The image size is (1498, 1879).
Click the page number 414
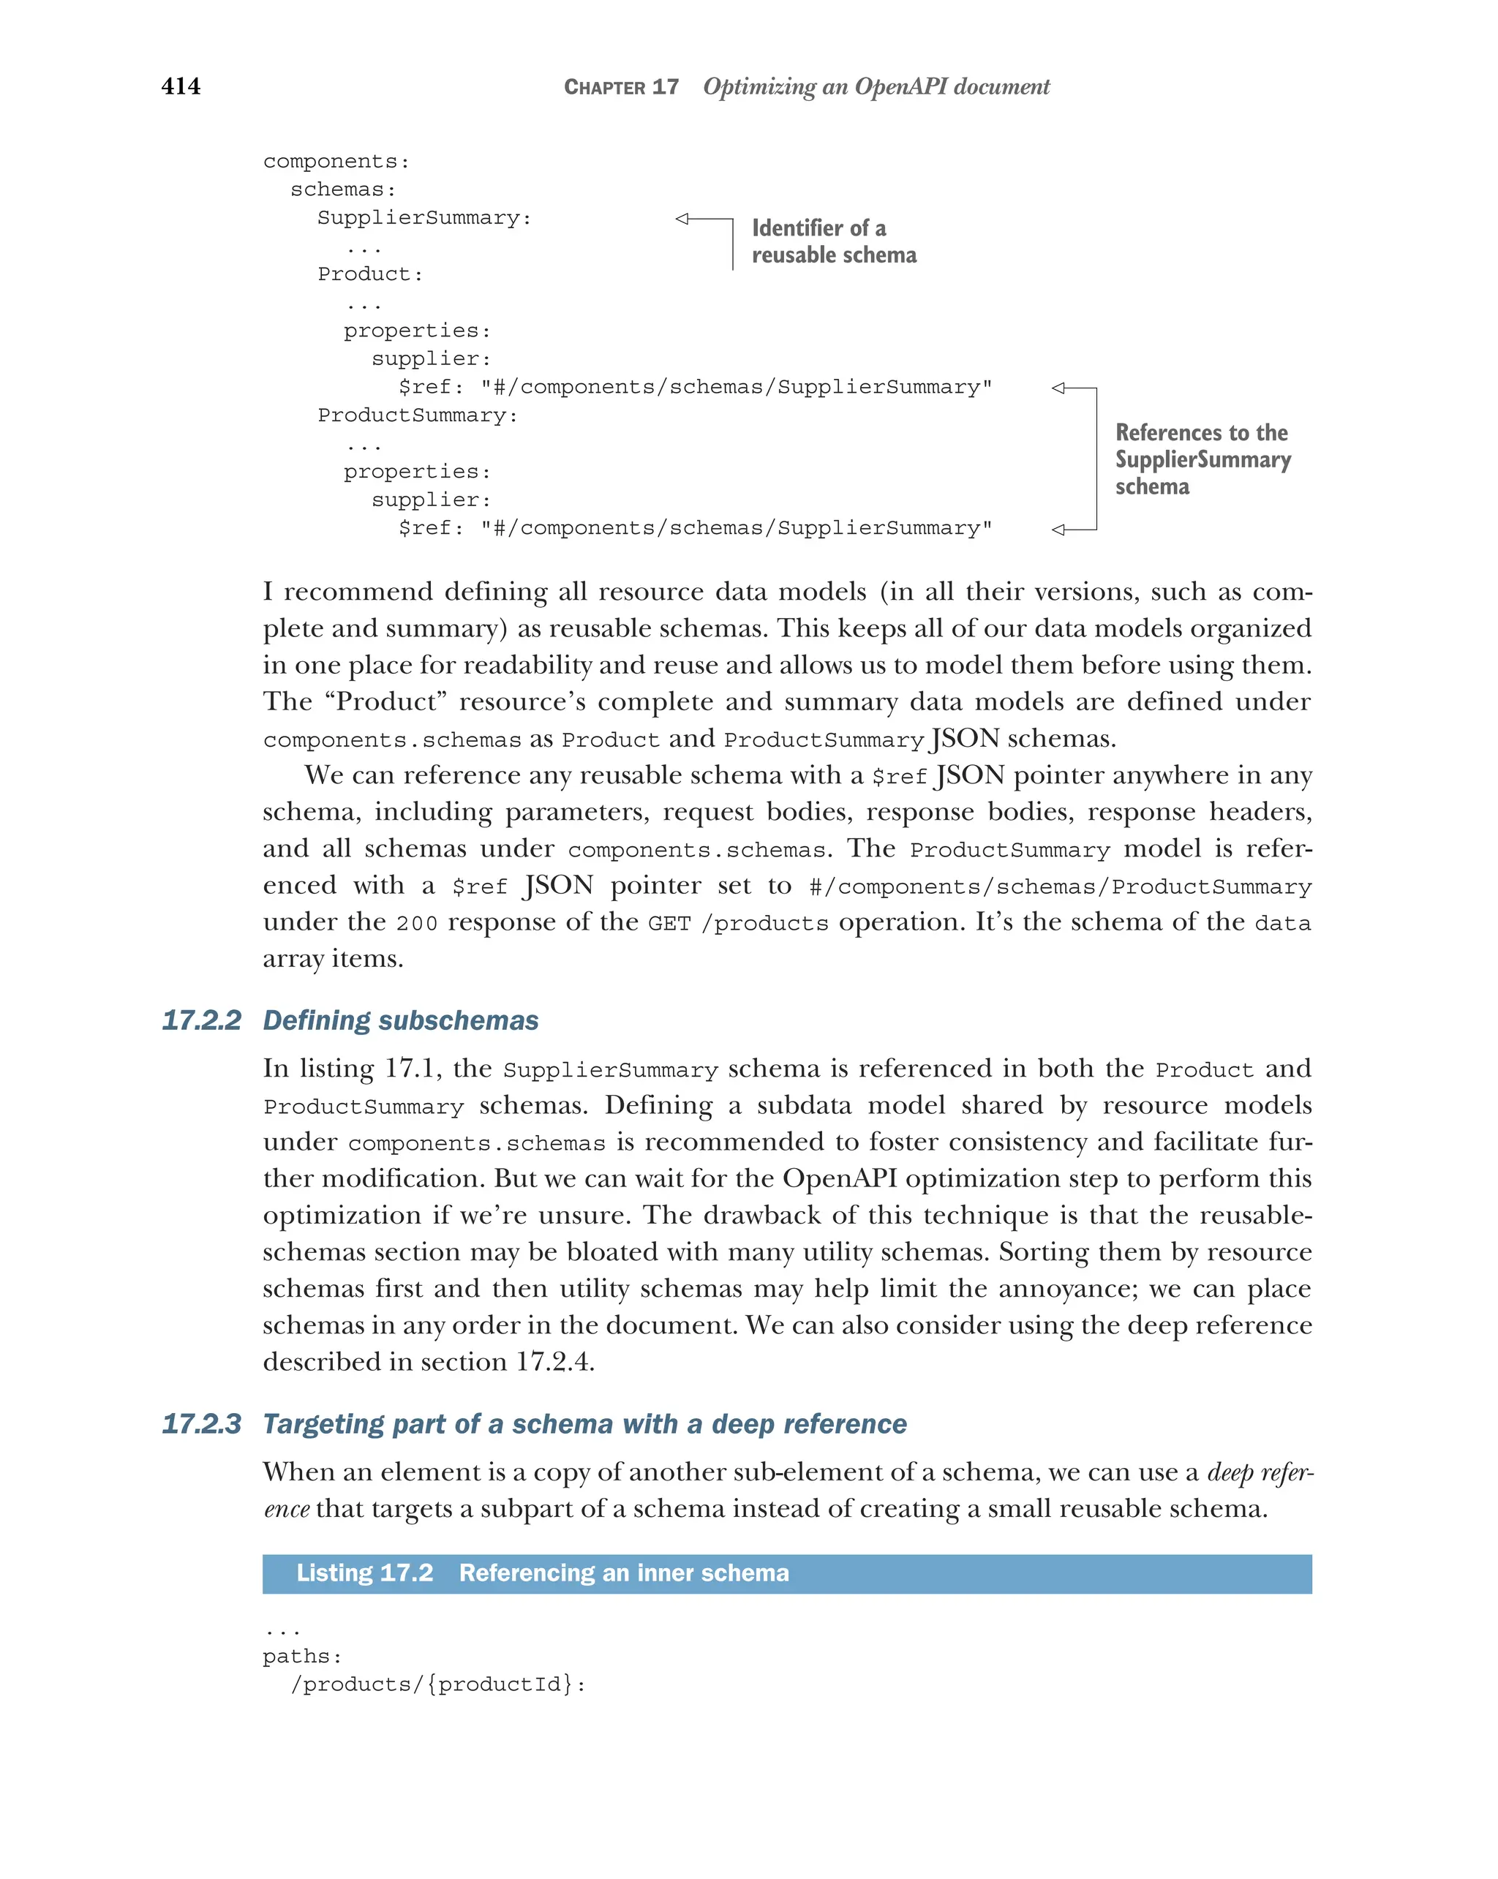[x=181, y=86]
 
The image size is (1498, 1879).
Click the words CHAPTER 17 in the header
[x=620, y=87]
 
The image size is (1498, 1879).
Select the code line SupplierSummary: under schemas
[x=424, y=218]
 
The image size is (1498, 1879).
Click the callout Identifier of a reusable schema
[x=833, y=241]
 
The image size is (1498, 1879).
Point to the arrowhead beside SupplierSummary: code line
[x=683, y=219]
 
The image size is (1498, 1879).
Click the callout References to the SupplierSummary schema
[x=1201, y=459]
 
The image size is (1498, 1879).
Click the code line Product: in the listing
[x=370, y=274]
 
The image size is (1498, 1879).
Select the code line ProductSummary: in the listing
[x=418, y=415]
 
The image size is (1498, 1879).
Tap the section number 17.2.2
[x=201, y=1020]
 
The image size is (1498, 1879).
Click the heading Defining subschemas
[x=400, y=1020]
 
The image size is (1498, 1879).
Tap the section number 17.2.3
[x=201, y=1424]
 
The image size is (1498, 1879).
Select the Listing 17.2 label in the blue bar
[x=364, y=1573]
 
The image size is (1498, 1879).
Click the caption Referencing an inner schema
[x=623, y=1573]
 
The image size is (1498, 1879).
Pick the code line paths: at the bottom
[x=302, y=1657]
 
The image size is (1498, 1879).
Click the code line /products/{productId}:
[x=437, y=1684]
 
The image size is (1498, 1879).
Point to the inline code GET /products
[x=737, y=924]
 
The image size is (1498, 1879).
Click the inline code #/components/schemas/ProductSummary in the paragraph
[x=1059, y=887]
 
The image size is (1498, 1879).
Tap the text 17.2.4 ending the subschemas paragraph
[x=554, y=1362]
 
